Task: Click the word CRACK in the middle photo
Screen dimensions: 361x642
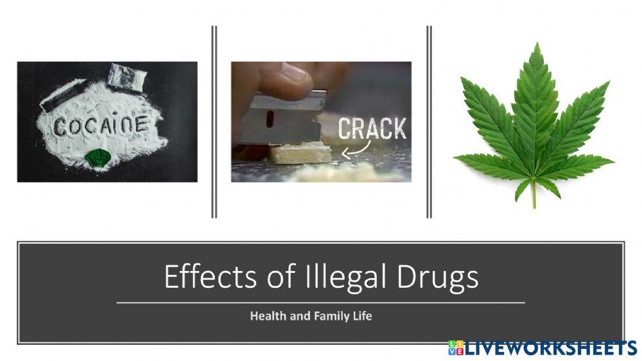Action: coord(372,128)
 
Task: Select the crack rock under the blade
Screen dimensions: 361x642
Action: coord(300,154)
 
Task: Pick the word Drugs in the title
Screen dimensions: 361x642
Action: coord(437,277)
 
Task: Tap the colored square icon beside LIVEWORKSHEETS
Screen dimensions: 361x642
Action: coord(455,348)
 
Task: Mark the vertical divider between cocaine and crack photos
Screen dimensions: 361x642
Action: coord(214,122)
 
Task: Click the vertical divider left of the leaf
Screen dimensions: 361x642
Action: coord(429,122)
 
